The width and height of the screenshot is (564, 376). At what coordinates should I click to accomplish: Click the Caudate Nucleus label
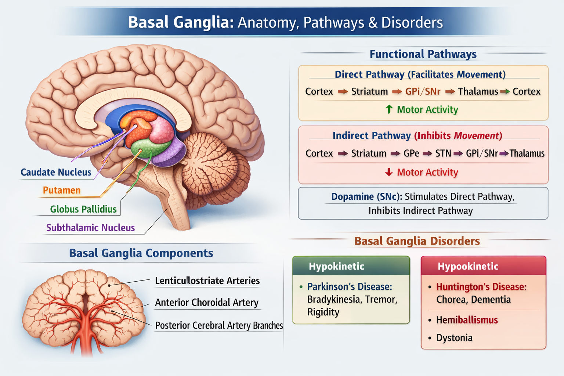56,172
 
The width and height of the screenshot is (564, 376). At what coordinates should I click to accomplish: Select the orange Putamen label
61,190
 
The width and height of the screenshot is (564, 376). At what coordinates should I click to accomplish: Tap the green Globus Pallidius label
83,209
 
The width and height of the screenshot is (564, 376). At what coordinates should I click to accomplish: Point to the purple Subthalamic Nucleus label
90,228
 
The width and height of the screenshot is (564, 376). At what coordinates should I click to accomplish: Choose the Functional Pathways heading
423,54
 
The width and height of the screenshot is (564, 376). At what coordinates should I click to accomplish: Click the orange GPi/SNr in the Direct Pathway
423,91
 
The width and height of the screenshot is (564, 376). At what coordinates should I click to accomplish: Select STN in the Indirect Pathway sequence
443,153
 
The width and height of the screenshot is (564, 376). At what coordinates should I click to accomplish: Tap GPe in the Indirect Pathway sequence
411,153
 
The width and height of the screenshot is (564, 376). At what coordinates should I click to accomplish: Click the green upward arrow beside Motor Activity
389,109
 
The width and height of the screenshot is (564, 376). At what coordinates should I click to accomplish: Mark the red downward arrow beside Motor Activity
389,172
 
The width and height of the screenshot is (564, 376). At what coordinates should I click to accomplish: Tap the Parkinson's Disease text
350,286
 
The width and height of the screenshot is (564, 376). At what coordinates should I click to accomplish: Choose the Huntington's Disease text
481,287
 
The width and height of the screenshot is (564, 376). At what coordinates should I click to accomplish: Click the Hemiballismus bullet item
467,320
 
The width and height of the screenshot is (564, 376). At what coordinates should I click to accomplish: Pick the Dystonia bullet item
454,338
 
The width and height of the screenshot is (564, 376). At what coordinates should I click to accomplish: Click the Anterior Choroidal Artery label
207,303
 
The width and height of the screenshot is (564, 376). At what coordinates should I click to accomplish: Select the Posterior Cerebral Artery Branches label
219,326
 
